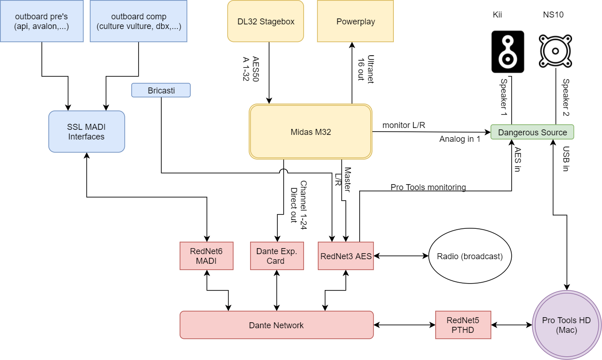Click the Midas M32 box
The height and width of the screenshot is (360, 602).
pos(310,132)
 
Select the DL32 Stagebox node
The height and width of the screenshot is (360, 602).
pos(266,21)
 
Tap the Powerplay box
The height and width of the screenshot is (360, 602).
pos(355,21)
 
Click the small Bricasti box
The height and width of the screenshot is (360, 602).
pos(161,90)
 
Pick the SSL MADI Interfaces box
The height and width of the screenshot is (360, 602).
pos(87,131)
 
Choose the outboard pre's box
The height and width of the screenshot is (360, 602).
pos(41,21)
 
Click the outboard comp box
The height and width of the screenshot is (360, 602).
pos(139,21)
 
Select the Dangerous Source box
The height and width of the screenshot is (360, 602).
pos(532,132)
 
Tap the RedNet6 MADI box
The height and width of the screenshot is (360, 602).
pos(206,256)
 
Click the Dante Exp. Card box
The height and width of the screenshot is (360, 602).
pos(276,256)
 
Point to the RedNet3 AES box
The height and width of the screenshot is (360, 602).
pos(345,256)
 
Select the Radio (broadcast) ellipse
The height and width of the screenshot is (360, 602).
pos(470,256)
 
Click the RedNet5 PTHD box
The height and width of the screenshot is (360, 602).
pos(463,325)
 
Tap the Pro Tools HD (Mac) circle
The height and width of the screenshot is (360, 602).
pos(566,325)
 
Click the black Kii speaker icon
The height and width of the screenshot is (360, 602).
pos(508,52)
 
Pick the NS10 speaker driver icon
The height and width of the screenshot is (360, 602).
pos(555,51)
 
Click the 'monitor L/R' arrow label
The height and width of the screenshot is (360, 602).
pos(403,125)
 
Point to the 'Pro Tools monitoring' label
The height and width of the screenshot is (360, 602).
pos(428,187)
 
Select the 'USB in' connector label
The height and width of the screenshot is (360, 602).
pos(566,159)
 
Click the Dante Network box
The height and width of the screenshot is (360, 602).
pos(276,325)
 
